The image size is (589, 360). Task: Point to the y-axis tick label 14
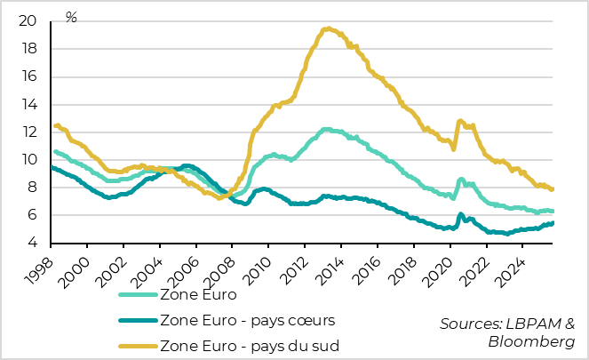[x=28, y=104]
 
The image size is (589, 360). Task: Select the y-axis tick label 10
[x=28, y=159]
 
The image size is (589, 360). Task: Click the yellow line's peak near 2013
[x=328, y=28]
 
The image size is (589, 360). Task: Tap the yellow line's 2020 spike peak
[x=459, y=120]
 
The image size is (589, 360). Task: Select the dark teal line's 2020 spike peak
[x=460, y=214]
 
